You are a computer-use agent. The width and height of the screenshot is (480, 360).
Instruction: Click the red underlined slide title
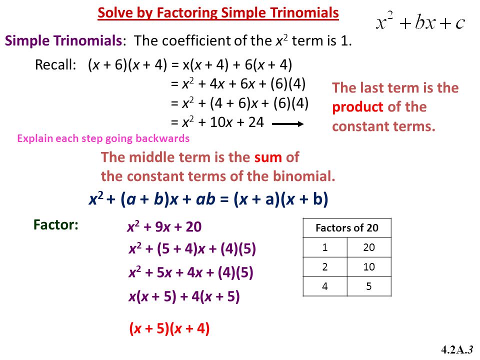[218, 13]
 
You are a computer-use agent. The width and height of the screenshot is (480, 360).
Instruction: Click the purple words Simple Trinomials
[63, 40]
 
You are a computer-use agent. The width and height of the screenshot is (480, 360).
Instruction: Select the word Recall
[55, 64]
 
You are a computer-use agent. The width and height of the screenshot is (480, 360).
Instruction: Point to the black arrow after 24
[288, 123]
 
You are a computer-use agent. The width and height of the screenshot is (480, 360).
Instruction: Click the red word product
[358, 107]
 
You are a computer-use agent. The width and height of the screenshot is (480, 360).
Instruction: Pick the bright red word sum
[268, 157]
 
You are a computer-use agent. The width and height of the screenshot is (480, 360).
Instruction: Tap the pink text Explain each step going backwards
[103, 138]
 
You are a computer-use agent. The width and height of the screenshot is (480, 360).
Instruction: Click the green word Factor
[55, 224]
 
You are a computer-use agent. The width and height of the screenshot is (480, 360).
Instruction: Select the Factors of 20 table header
[347, 228]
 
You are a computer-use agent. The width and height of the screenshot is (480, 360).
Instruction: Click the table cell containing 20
[369, 247]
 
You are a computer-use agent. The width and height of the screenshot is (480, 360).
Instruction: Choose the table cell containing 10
[369, 267]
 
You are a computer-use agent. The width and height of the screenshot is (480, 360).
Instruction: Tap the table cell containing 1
[325, 247]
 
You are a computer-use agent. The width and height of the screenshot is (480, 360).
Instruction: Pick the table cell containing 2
[325, 267]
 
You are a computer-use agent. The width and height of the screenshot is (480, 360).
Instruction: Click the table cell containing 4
[325, 286]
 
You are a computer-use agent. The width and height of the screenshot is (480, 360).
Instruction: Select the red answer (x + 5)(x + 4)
[169, 328]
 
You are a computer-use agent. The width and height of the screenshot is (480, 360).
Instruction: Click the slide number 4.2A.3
[457, 349]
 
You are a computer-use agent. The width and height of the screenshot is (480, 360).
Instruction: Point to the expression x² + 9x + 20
[164, 227]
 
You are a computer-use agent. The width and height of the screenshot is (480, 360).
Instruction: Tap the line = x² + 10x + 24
[217, 122]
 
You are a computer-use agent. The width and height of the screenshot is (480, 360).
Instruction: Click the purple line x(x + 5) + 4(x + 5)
[184, 296]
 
